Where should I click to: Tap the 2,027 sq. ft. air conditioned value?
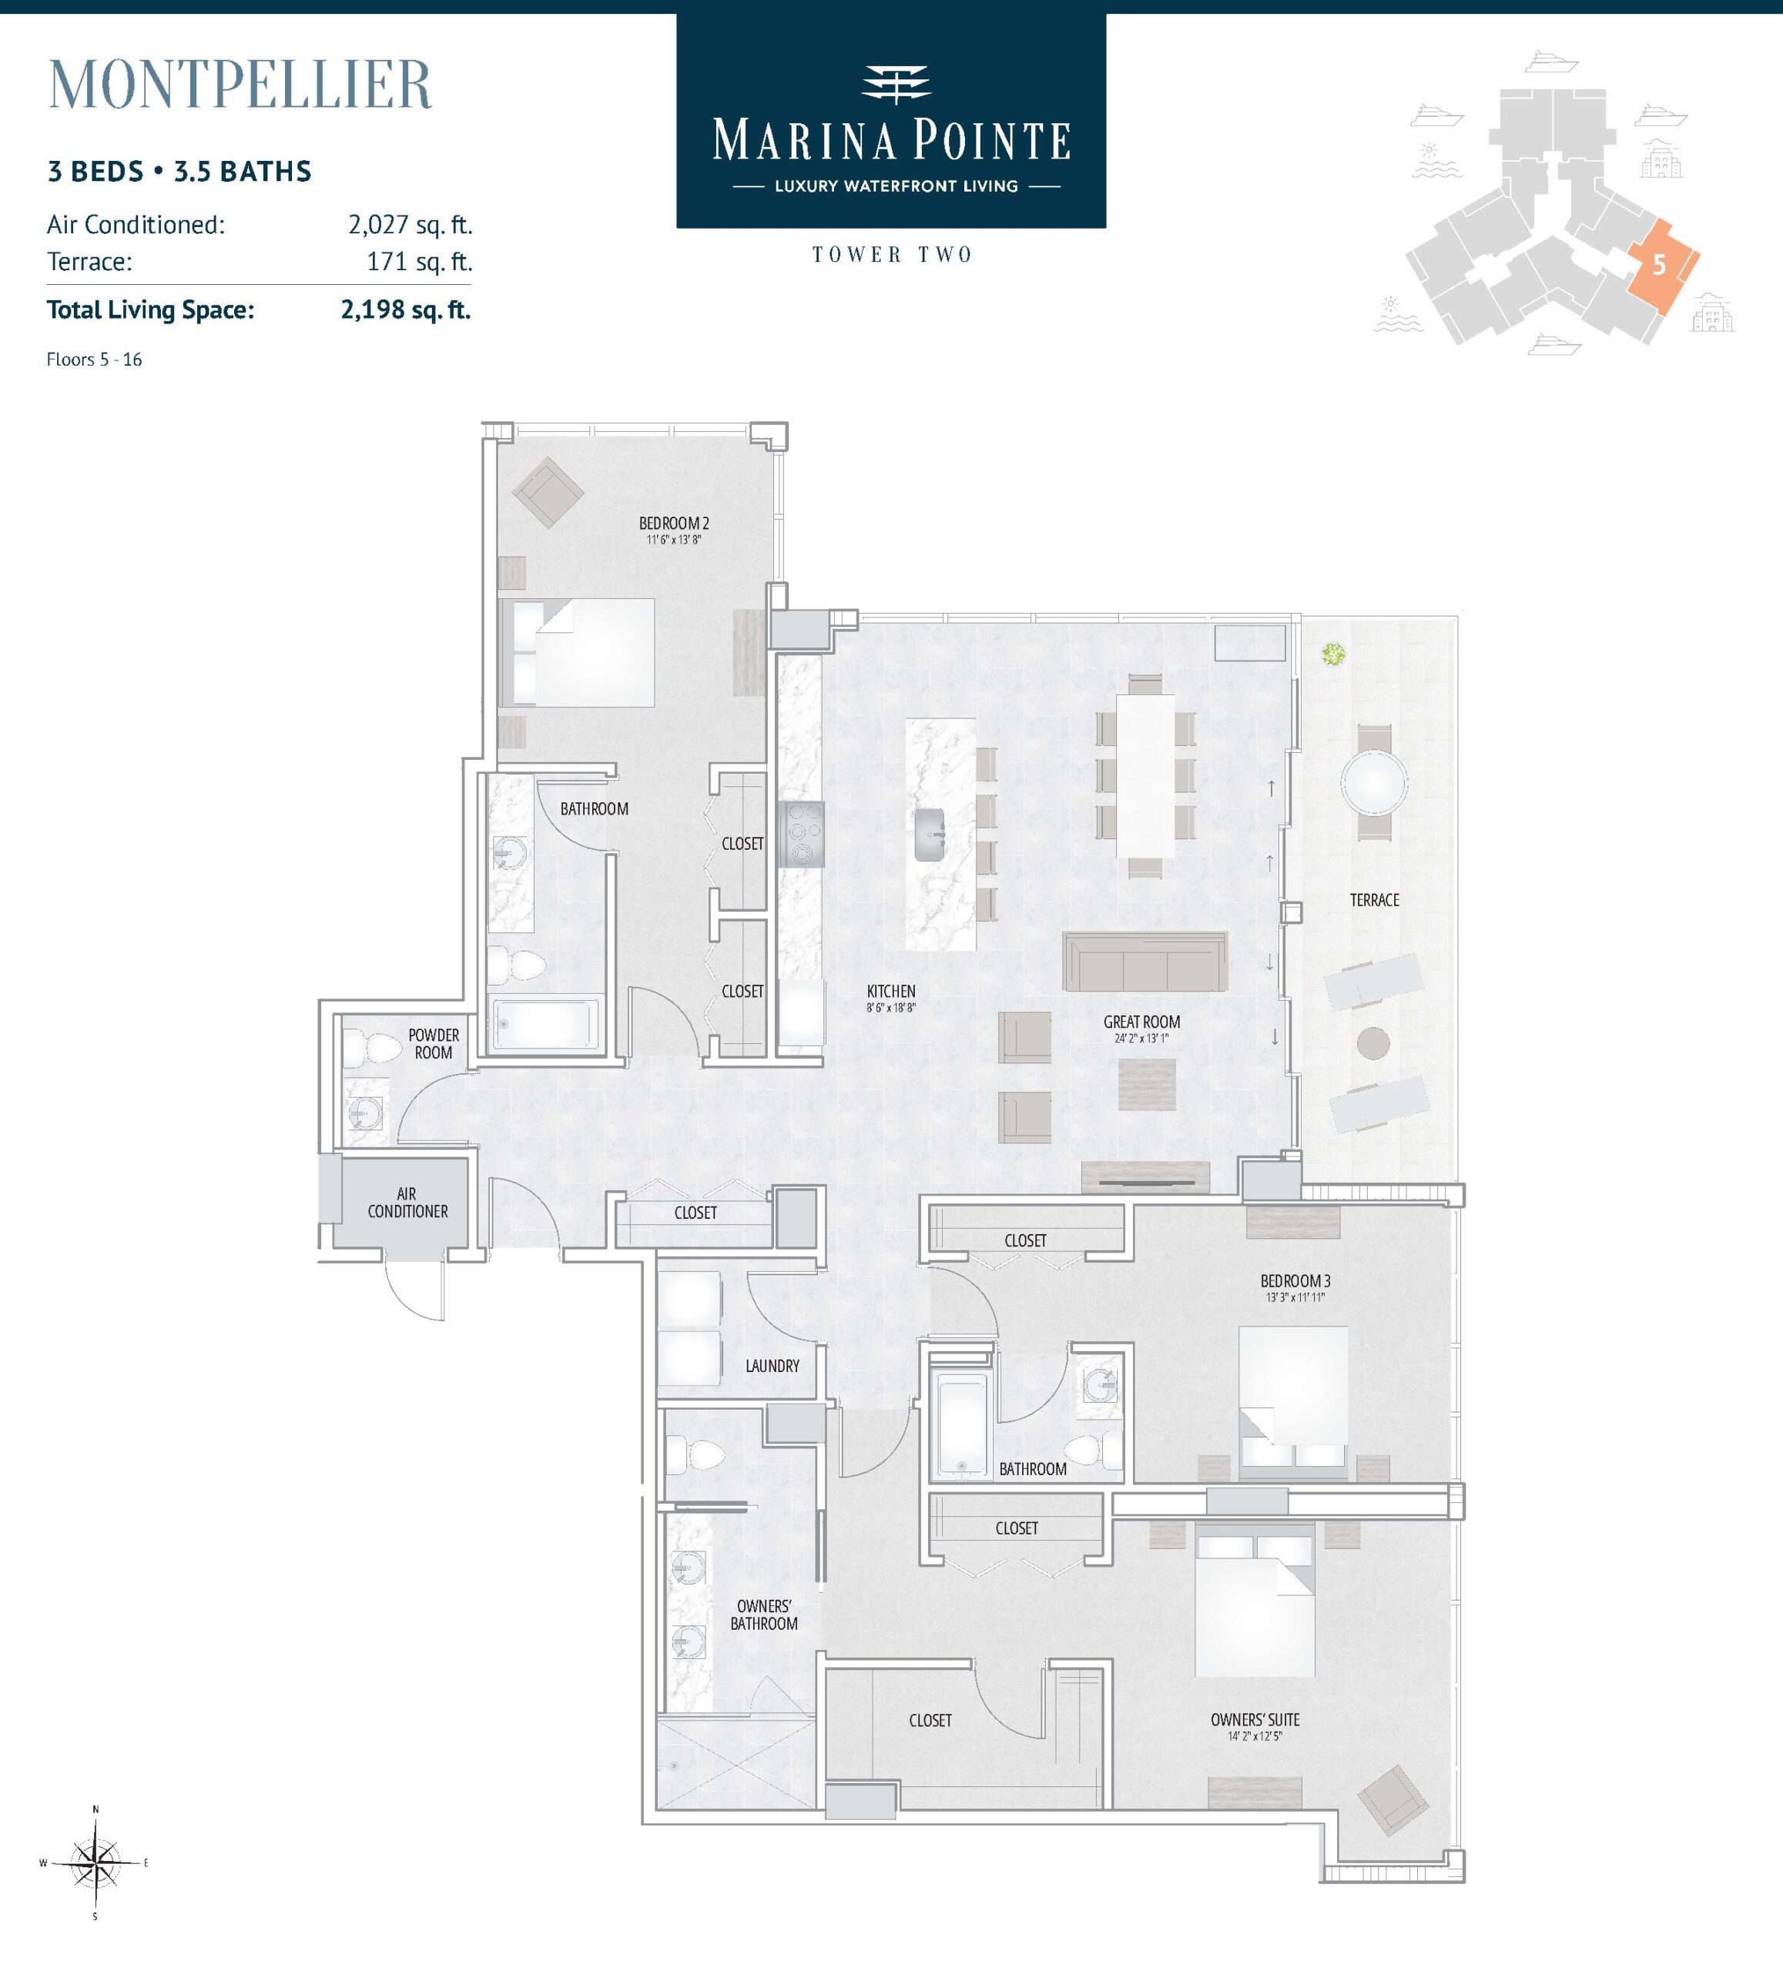[410, 225]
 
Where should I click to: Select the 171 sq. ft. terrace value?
[420, 262]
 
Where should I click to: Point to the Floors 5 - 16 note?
[94, 360]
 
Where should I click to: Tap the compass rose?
[95, 1862]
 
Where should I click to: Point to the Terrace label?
[1374, 899]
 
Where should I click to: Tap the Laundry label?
[772, 1366]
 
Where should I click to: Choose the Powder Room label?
[434, 1043]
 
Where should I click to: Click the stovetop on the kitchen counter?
[802, 834]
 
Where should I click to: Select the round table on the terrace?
[1374, 782]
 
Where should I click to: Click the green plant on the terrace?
[1332, 654]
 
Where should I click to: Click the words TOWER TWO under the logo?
[892, 255]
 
